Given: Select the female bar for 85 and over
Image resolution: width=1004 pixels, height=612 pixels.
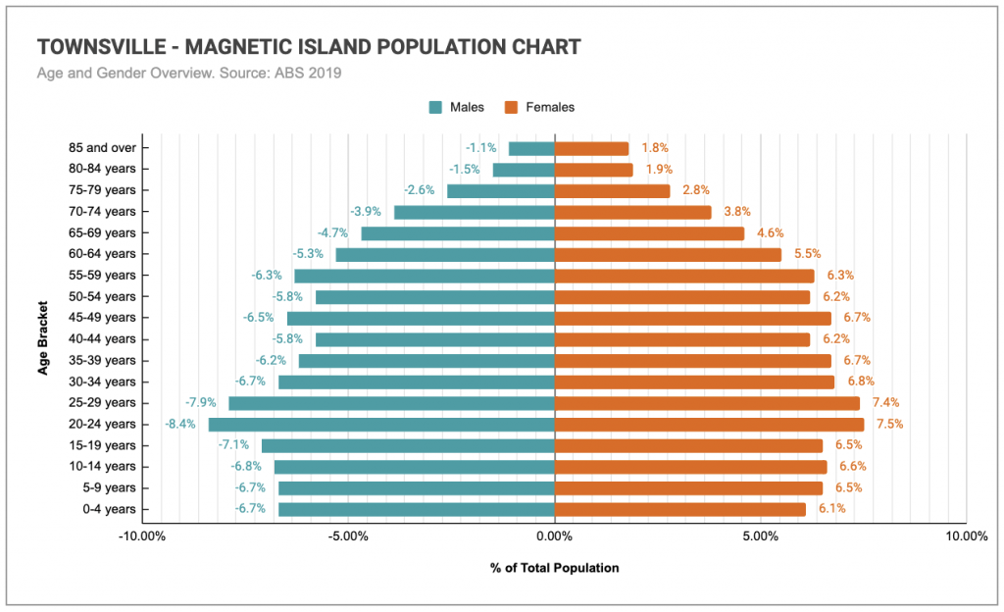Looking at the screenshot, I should click(x=591, y=148).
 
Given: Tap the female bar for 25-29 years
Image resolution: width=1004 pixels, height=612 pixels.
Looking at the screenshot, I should click(x=707, y=403).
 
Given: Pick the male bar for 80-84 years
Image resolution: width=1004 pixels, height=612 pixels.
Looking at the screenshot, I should click(x=524, y=170).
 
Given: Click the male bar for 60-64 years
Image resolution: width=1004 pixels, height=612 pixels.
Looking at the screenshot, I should click(x=445, y=255).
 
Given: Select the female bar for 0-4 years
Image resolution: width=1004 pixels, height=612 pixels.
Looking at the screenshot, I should click(x=679, y=509).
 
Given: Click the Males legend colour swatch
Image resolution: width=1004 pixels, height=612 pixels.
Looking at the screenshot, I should click(x=435, y=107).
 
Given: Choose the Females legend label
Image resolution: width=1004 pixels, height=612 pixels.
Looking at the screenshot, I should click(x=550, y=107).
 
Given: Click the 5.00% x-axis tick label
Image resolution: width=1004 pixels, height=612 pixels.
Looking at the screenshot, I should click(x=760, y=536).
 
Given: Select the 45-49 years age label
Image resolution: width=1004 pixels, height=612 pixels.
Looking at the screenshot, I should click(x=102, y=318).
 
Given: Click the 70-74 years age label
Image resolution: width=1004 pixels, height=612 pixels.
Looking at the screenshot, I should click(x=102, y=212).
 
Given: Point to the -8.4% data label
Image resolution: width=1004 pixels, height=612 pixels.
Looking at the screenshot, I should click(x=180, y=425).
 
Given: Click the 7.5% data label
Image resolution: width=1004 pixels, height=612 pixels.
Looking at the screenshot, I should click(x=889, y=425).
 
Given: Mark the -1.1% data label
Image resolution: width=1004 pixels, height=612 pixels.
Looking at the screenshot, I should click(x=480, y=148).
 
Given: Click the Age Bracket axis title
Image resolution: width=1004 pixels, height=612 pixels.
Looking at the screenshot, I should click(x=43, y=338).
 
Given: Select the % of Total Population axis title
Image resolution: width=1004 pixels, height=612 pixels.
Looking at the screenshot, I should click(x=554, y=568).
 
